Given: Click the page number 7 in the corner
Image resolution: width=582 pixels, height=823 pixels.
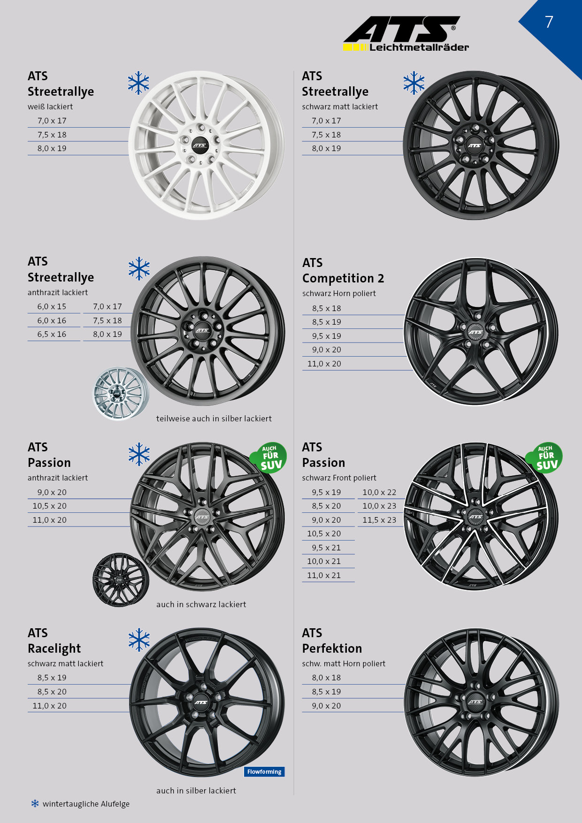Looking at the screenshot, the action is pos(549,22).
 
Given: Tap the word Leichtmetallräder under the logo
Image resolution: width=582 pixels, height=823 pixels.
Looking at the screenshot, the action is pos(419,47).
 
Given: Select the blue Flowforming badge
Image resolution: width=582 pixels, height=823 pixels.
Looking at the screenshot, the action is pos(264,772).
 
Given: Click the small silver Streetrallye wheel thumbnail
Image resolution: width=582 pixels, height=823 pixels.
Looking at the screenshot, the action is pos(121,394).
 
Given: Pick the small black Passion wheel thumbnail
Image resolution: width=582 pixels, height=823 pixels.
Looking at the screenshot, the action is pos(121,580).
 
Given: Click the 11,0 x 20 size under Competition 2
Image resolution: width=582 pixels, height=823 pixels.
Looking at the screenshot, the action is pos(324,364).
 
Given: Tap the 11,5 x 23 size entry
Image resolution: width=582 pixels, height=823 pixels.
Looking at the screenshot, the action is pos(379,520).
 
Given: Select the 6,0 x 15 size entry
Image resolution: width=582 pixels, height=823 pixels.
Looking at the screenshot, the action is pos(52,306).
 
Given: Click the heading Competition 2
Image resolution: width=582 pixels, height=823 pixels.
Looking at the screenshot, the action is pos(343,278).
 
